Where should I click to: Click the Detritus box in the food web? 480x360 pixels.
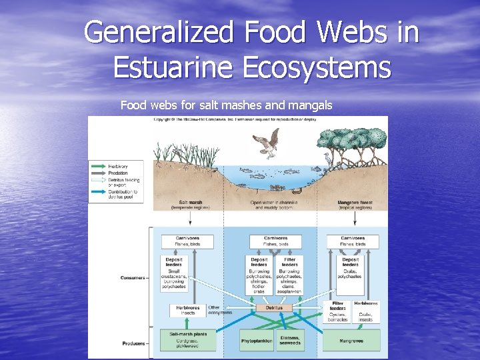tap(274, 308)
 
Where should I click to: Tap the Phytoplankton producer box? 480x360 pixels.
tap(257, 341)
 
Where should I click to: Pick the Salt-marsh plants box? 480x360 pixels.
tap(187, 339)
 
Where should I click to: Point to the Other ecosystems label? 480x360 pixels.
tap(220, 310)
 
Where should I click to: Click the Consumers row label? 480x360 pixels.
tap(134, 277)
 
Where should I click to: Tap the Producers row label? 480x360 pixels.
tap(134, 343)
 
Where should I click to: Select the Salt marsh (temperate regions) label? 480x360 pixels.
tap(191, 204)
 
